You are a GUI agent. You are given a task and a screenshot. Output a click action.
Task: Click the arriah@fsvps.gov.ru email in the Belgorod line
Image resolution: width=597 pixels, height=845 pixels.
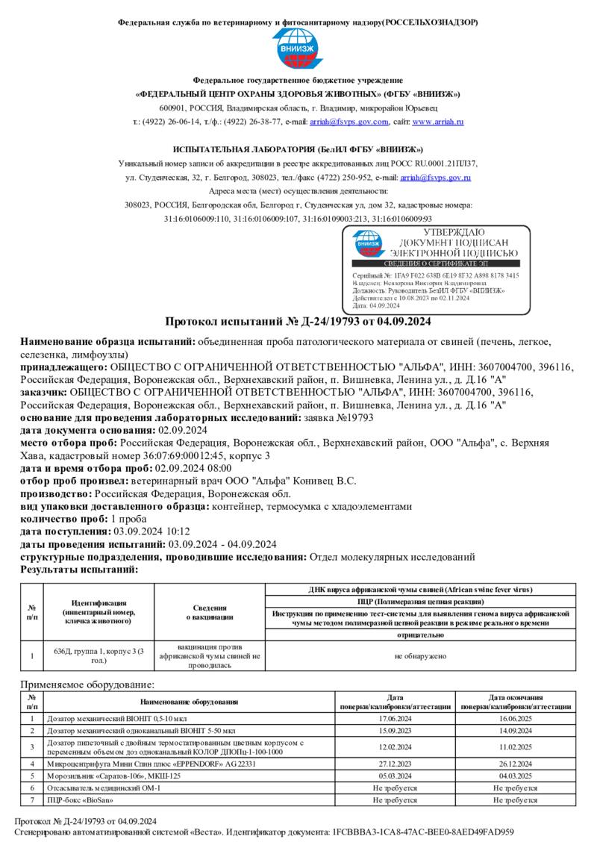click(x=435, y=178)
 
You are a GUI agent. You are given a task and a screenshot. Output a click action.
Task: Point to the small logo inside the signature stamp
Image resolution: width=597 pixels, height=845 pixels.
click(x=368, y=243)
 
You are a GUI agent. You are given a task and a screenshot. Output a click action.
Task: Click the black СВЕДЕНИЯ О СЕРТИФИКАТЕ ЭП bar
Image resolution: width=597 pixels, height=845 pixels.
click(x=435, y=264)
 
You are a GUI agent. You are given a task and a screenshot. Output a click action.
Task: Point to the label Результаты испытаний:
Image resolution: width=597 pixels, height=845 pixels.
click(x=79, y=570)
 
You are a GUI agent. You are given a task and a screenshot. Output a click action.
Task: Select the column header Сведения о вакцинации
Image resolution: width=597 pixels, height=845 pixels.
click(x=209, y=613)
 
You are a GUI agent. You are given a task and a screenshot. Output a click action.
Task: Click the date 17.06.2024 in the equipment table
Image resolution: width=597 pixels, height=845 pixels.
click(x=395, y=719)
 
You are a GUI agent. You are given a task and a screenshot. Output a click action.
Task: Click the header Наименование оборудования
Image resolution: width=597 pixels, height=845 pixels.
click(x=189, y=702)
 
